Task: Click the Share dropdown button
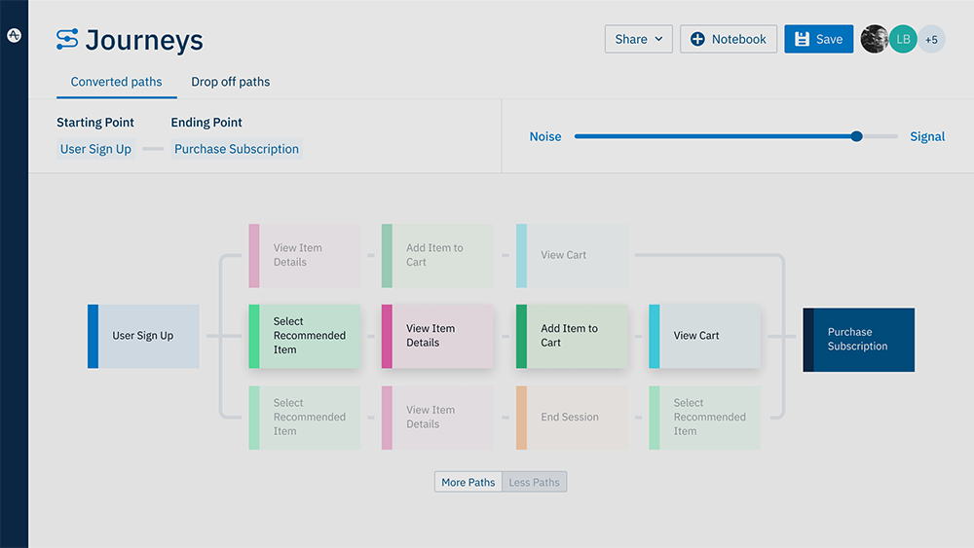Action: point(638,39)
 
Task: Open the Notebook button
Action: point(728,39)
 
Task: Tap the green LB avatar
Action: point(903,39)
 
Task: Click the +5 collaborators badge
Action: point(931,39)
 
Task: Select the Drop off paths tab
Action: point(230,82)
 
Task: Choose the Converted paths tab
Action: point(116,82)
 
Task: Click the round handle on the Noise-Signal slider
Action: point(856,136)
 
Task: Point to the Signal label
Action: point(926,136)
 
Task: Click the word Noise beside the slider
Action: point(544,136)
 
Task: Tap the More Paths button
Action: point(468,482)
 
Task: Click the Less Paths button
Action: point(534,482)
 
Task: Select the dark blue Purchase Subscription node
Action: point(858,339)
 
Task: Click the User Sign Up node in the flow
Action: point(143,336)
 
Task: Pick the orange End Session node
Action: point(572,417)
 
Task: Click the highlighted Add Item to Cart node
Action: point(572,336)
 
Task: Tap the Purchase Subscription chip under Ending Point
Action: point(237,149)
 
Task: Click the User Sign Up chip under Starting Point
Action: point(95,149)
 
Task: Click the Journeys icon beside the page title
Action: point(67,39)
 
